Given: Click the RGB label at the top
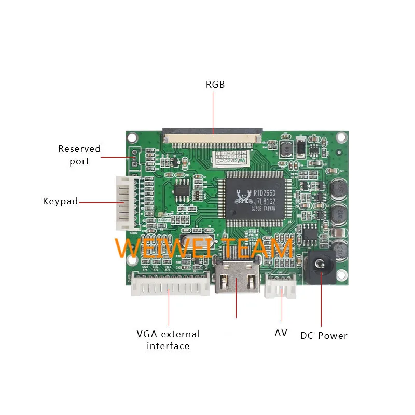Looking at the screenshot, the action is point(215,84).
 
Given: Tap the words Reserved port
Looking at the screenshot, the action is point(79,155).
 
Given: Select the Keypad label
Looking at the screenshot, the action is point(60,201).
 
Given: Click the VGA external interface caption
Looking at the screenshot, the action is point(168,340).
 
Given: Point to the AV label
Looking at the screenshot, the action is point(281,333).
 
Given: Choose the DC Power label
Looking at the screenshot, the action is point(324,336).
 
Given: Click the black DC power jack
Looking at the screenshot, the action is point(322,269).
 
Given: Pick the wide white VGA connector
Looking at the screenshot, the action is point(170,284).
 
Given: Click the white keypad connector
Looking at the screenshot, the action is point(122,202).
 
